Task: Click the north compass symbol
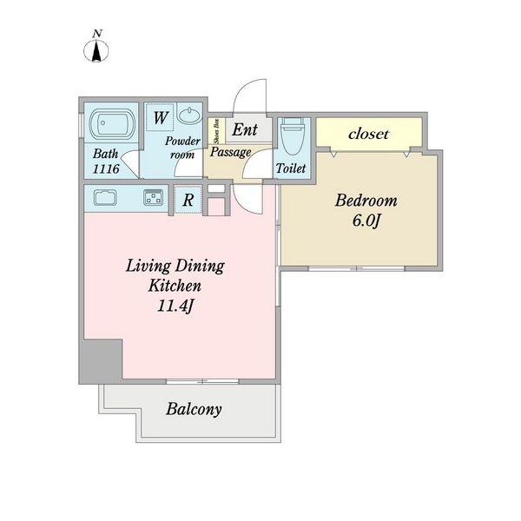coord(96,47)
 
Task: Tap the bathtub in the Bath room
coord(112,123)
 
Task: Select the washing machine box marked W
coord(160,117)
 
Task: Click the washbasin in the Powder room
coord(189,115)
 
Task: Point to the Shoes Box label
coord(216,131)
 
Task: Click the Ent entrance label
coord(245,129)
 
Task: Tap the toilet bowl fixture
coord(293,136)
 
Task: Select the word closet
coord(368,134)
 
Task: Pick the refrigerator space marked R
coord(188,200)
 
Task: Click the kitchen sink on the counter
coord(105,198)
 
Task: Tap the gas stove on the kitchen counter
coord(154,197)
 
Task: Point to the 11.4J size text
coord(175,306)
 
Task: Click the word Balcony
coord(194,409)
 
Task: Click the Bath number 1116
coord(106,168)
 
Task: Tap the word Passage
coord(230,152)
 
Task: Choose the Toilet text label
coord(291,168)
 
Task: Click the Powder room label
coord(182,148)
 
